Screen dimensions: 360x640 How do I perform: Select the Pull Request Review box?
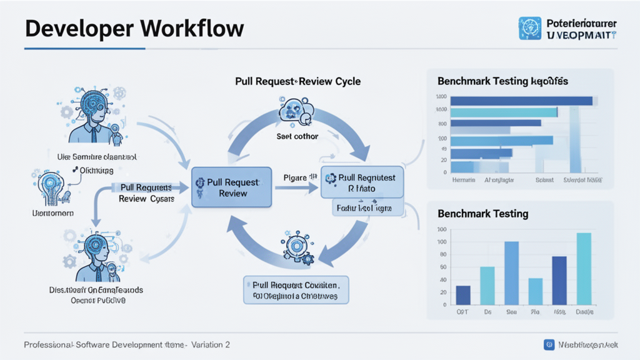(x=231, y=187)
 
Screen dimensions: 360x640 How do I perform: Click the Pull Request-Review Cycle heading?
(x=297, y=81)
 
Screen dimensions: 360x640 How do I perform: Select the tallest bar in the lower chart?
(x=583, y=268)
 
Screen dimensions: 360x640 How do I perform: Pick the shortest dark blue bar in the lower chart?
(x=463, y=294)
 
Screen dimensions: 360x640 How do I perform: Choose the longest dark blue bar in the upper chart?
(x=521, y=101)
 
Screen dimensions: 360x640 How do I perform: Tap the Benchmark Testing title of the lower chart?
(x=483, y=214)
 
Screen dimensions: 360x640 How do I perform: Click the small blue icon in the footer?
(x=549, y=344)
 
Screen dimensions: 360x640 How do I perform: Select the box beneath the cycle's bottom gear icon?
(x=296, y=289)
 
